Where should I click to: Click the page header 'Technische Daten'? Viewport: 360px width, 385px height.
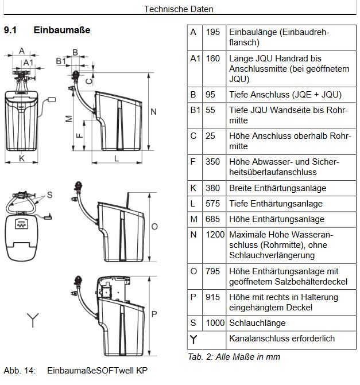coord(178,9)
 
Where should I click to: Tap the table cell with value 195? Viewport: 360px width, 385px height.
coord(213,32)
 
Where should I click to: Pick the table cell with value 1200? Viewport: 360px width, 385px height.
coord(215,235)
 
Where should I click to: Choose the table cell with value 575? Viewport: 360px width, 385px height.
coord(213,204)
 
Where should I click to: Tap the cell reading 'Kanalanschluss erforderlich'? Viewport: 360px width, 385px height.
coord(281,339)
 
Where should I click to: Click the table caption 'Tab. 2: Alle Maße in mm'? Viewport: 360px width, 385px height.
coord(234,357)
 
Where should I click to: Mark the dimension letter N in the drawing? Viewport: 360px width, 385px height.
coord(153,111)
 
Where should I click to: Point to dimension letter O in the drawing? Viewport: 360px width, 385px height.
coord(154,227)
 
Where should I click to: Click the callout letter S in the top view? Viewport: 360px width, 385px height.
coord(49,195)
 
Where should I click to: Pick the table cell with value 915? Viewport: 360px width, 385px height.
coord(213,297)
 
